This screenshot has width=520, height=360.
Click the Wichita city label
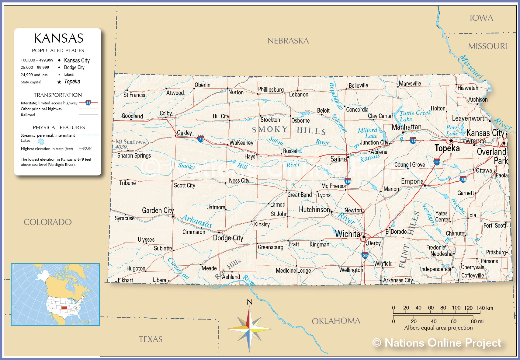[347, 234]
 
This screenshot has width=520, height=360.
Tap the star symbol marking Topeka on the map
[451, 141]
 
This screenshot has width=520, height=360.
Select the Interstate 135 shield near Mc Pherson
[348, 181]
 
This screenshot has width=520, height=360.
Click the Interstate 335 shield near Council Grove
[437, 162]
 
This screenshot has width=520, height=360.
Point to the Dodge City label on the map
[228, 238]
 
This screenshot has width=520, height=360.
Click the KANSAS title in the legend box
[58, 38]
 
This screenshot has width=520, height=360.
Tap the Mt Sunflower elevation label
[131, 142]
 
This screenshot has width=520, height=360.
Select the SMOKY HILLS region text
[289, 130]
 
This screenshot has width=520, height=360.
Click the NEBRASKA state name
[288, 41]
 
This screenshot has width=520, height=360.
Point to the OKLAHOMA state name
[336, 321]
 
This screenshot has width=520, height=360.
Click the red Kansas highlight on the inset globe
[64, 308]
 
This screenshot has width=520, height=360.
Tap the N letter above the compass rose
[249, 302]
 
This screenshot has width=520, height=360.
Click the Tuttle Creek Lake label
[415, 116]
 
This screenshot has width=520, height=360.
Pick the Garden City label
[158, 210]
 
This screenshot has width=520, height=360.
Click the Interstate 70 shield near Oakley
[201, 139]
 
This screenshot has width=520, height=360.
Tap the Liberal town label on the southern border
[160, 280]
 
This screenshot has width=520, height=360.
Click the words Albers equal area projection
[438, 328]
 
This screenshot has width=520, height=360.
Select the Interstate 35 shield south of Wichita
[365, 255]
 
